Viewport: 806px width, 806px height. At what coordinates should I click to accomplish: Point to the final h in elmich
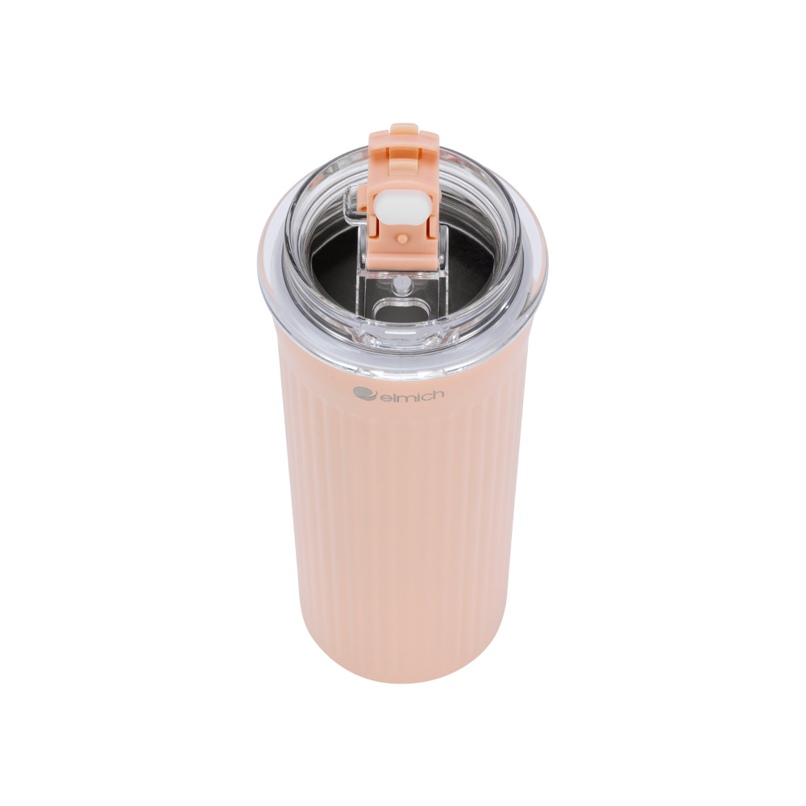[x=437, y=394]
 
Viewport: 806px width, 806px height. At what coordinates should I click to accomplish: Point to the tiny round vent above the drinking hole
[x=401, y=285]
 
